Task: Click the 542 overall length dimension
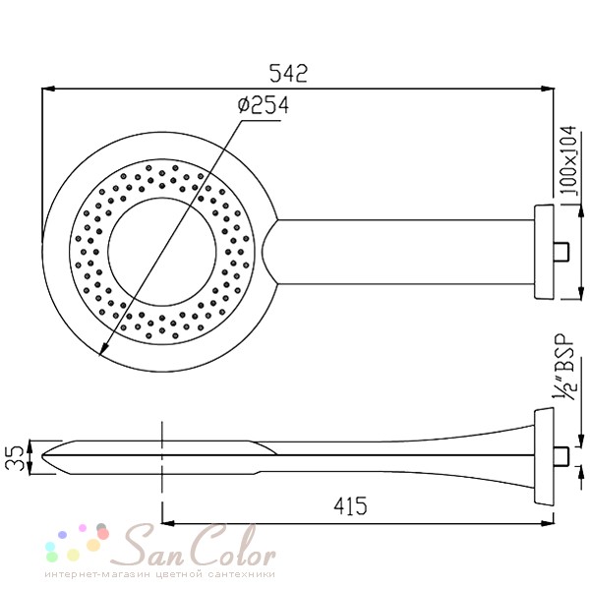pyautogui.click(x=288, y=74)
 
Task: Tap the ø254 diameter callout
pyautogui.click(x=264, y=105)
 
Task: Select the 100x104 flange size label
pyautogui.click(x=568, y=161)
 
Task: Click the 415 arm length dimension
pyautogui.click(x=350, y=506)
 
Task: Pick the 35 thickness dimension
pyautogui.click(x=15, y=458)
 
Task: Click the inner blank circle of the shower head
pyautogui.click(x=162, y=252)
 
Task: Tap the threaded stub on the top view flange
pyautogui.click(x=561, y=252)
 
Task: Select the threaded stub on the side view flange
pyautogui.click(x=561, y=455)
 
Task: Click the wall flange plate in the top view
pyautogui.click(x=544, y=252)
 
